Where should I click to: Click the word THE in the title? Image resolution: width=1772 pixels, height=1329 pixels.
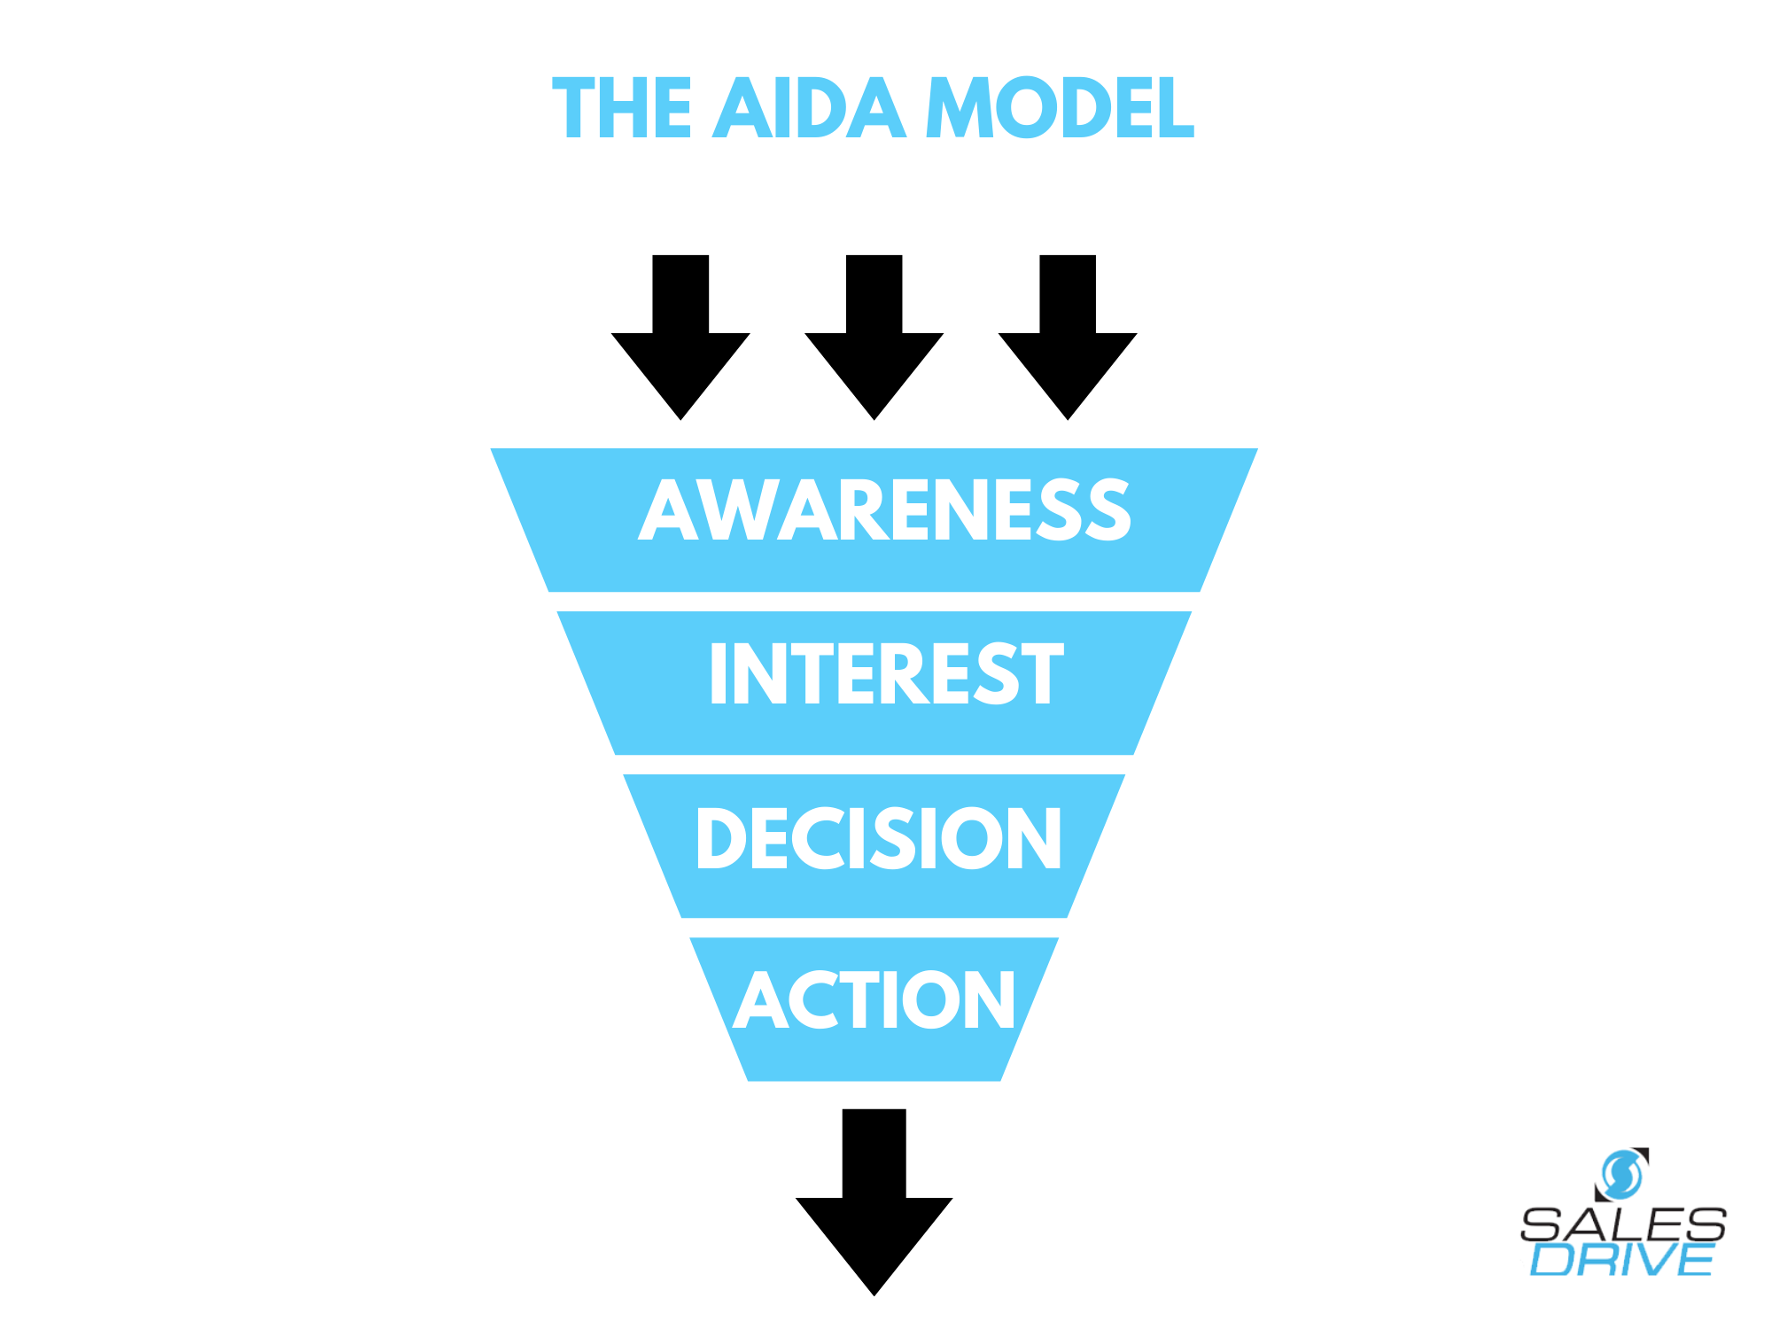click(621, 108)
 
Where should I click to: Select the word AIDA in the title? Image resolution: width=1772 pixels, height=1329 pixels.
click(809, 108)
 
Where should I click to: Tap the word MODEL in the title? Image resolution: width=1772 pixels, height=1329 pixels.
click(1060, 108)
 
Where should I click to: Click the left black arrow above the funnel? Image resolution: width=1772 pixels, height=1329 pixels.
click(680, 346)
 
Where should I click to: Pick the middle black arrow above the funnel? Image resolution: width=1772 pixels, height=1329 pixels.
click(874, 346)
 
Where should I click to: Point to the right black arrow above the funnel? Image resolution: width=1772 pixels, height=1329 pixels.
click(1068, 346)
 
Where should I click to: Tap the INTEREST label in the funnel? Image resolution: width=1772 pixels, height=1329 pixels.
click(885, 674)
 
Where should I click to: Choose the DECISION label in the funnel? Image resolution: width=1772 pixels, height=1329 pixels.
click(878, 838)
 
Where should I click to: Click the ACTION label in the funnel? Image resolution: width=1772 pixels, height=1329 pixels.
click(874, 1000)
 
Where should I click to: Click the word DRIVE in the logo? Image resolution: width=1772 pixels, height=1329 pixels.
click(1621, 1260)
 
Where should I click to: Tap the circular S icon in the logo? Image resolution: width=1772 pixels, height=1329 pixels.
click(1622, 1174)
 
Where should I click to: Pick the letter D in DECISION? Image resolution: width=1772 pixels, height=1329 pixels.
click(720, 838)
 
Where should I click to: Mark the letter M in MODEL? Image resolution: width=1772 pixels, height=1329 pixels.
click(960, 108)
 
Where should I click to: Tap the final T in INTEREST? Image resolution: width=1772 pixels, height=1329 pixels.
click(1039, 674)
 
